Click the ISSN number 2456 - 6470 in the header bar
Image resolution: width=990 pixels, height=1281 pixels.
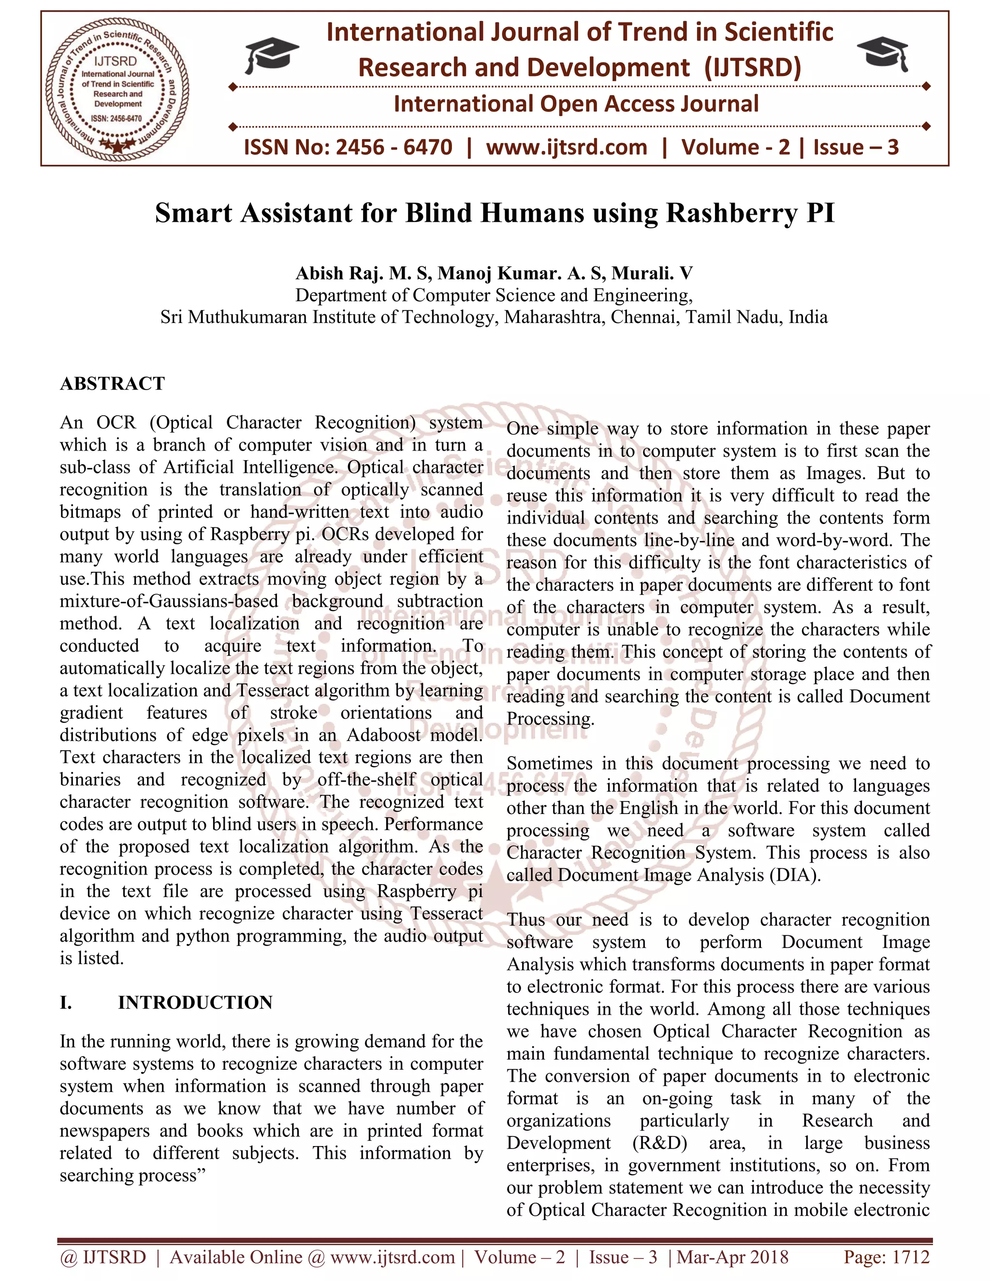[x=393, y=147]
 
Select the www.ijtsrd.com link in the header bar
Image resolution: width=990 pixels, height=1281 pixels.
[x=567, y=147]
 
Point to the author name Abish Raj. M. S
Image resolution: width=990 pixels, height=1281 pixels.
[x=364, y=273]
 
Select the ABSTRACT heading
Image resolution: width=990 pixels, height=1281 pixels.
[x=113, y=384]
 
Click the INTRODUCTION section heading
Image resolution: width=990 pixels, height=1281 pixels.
[x=195, y=1003]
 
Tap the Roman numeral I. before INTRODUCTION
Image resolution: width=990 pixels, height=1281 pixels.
[x=66, y=1003]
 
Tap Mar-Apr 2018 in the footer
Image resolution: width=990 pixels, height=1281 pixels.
[x=732, y=1257]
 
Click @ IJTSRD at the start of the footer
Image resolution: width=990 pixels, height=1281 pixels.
[x=103, y=1257]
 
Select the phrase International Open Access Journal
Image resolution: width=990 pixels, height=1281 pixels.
[x=576, y=104]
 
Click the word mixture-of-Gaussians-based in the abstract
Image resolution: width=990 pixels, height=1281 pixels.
[x=169, y=601]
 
